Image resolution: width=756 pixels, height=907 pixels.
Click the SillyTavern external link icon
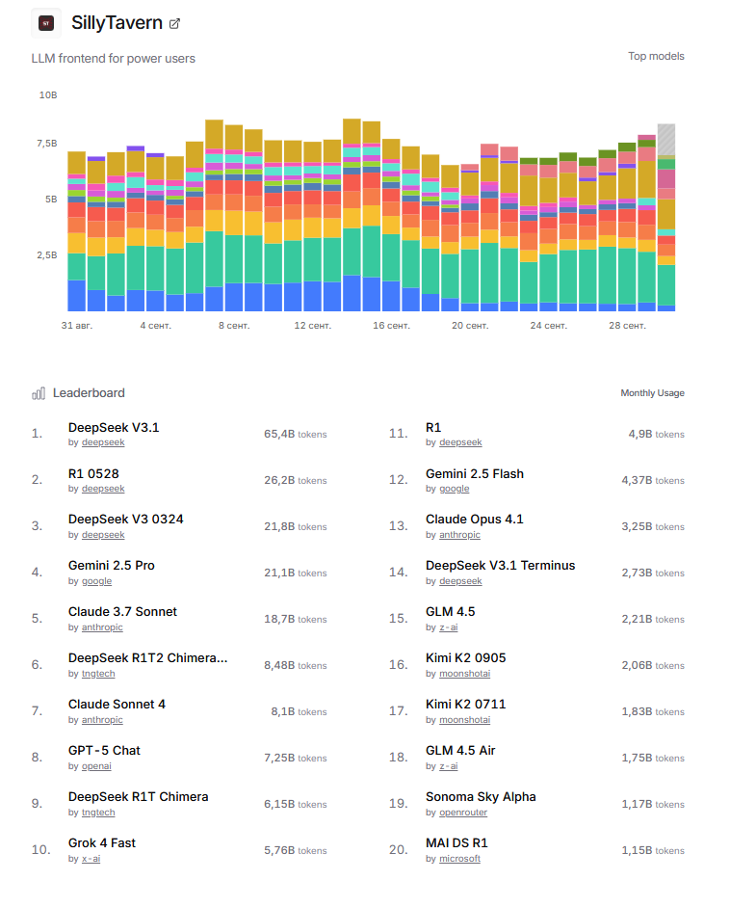[x=174, y=23]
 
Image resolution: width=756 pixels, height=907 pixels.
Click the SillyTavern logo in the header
[x=45, y=23]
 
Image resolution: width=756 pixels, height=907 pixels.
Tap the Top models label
[x=656, y=56]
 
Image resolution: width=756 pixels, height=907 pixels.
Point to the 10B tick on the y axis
[x=48, y=95]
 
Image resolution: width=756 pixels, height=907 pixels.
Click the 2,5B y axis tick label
[x=47, y=255]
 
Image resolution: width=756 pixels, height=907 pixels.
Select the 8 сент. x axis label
[x=234, y=326]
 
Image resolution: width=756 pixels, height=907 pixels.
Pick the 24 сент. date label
[x=548, y=326]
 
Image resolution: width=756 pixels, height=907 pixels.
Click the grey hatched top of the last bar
[x=666, y=139]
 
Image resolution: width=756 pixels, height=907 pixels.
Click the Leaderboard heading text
[x=89, y=392]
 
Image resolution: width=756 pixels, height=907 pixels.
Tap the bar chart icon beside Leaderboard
[x=39, y=393]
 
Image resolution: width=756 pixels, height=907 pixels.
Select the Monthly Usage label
[x=652, y=393]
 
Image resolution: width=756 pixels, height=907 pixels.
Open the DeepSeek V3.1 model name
[x=114, y=427]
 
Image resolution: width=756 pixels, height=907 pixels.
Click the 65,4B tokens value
[x=295, y=434]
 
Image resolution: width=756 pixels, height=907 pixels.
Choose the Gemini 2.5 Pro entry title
[x=112, y=566]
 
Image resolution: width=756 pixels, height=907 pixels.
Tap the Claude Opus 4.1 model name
[x=475, y=520]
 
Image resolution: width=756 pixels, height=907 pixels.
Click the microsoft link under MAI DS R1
[x=459, y=859]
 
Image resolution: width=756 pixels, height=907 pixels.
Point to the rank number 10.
[x=41, y=849]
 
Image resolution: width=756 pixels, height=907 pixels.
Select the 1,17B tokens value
[x=656, y=804]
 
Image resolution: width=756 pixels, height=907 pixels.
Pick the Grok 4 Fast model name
[x=102, y=843]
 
